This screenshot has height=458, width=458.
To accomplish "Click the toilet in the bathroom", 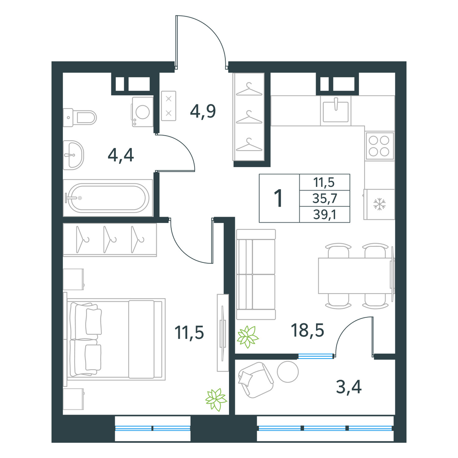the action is pos(80,117).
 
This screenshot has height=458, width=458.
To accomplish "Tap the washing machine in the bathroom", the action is pos(142,112).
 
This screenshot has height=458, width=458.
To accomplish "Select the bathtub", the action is pos(108,198).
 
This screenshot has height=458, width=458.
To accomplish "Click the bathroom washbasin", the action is pos(74,155).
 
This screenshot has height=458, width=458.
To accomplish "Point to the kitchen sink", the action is pos(336,111).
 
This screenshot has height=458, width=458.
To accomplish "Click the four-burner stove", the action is pos(379,146).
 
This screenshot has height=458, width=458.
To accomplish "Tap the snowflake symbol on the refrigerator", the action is pos(379,204).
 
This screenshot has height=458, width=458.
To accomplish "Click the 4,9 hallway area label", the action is pos(203,111).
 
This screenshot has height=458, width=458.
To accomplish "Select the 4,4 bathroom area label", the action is pos(120,155).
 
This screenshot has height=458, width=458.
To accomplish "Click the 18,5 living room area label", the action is pos(307,330).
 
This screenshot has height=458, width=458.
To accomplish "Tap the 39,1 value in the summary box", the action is pos(325,215).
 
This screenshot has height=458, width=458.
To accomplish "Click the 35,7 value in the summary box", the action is pos(325,199).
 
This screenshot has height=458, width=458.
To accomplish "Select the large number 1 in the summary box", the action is pos(279,198).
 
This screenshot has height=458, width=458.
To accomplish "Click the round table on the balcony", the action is pos(288,371).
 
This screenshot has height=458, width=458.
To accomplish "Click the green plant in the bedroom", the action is pos(216,399).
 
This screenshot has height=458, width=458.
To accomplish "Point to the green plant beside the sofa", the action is pos(248,337).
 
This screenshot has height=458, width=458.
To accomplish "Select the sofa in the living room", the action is pos(256,274).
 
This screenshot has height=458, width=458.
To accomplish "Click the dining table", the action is pos(356,276).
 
